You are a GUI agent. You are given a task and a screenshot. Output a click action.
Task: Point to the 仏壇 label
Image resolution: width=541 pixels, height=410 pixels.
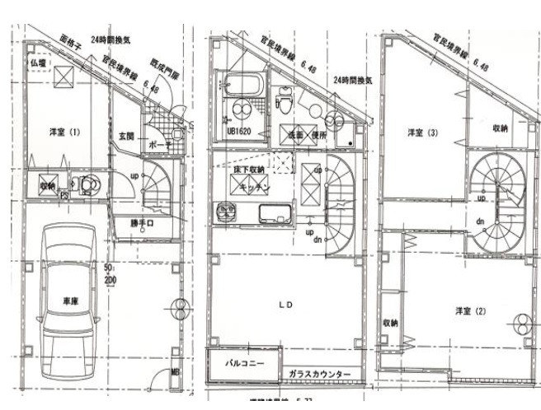(39, 63)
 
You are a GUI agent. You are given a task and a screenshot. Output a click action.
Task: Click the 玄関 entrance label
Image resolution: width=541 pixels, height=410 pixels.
(126, 135)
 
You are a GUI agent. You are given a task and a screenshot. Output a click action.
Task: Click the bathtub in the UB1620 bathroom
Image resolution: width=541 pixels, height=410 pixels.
(241, 86)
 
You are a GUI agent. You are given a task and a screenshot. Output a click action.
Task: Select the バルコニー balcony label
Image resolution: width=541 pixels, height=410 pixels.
(243, 362)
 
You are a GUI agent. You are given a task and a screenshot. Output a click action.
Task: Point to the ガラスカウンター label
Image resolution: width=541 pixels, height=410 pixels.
(319, 375)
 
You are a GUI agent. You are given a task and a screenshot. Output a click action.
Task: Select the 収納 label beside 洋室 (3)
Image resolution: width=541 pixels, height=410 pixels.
(500, 128)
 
